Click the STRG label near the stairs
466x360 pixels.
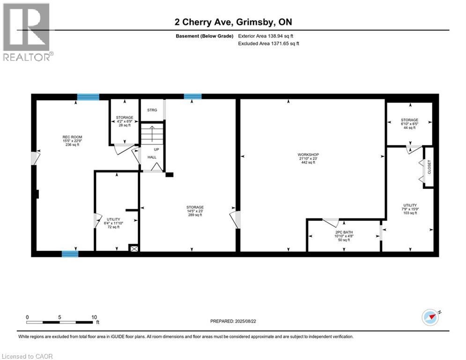coord(152,110)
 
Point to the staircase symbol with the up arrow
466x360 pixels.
coord(152,134)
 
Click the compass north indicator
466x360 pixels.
coord(430,317)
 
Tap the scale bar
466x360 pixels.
coord(59,322)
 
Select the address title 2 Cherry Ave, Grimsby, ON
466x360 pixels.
coord(233,22)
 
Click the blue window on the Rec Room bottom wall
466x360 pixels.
coord(70,254)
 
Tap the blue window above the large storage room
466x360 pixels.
coord(192,97)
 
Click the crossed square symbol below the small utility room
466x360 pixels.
coord(134,249)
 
